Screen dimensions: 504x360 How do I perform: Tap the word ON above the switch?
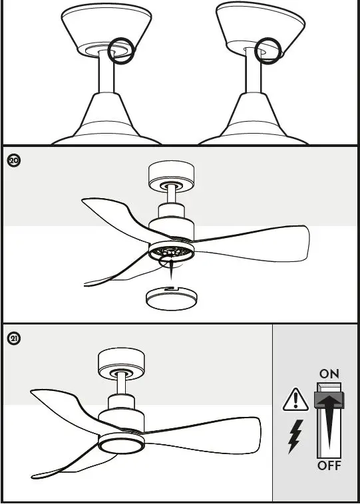point(329,374)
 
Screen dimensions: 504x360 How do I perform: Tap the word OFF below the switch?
point(329,465)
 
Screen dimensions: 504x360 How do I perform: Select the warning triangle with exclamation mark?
point(295,400)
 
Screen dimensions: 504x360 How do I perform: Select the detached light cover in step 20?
point(172,297)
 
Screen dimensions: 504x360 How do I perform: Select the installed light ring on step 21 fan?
point(121,443)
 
